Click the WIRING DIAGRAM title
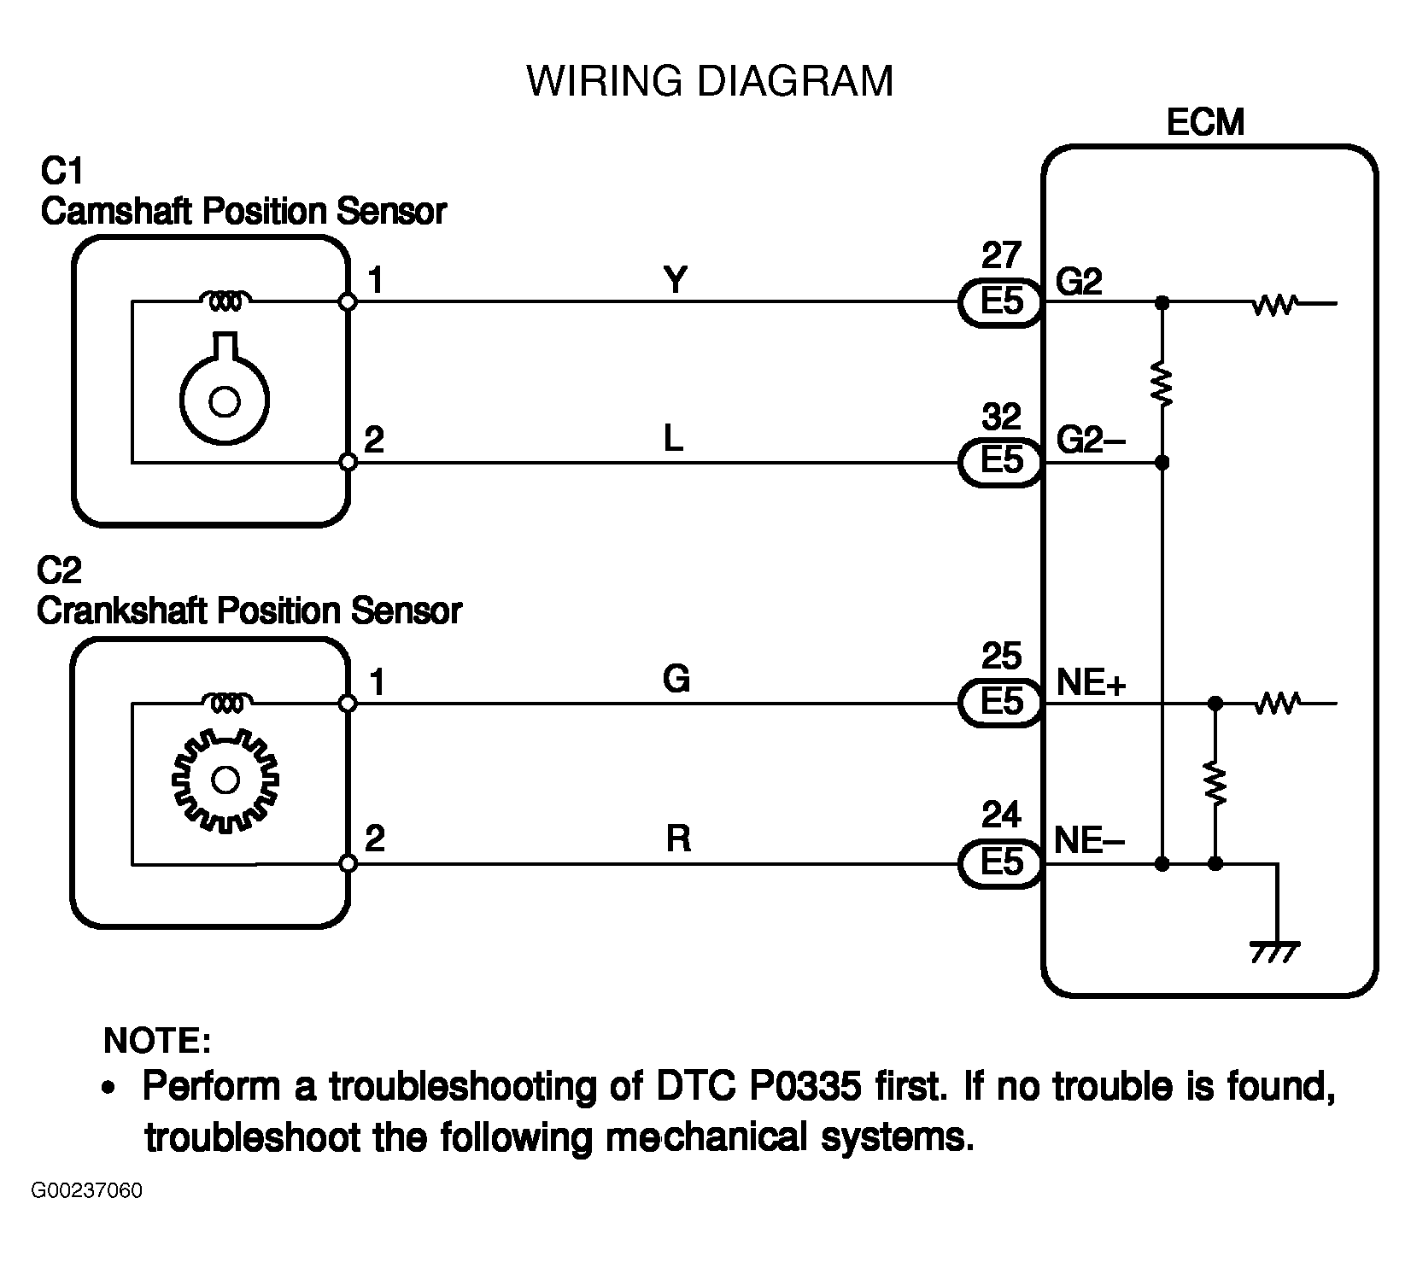(710, 82)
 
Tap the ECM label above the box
(1205, 123)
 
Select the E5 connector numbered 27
(1001, 302)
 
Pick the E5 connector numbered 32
(1001, 463)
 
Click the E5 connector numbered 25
(1001, 704)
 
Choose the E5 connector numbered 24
(1001, 863)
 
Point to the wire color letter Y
(675, 280)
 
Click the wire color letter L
(674, 440)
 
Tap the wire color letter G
(676, 680)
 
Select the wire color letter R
(677, 839)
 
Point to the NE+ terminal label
(1092, 683)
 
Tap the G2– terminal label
(1091, 441)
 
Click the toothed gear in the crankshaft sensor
(225, 780)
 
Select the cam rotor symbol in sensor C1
(225, 389)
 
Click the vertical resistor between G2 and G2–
(1162, 383)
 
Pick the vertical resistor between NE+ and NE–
(1215, 783)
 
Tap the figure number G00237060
(88, 1191)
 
